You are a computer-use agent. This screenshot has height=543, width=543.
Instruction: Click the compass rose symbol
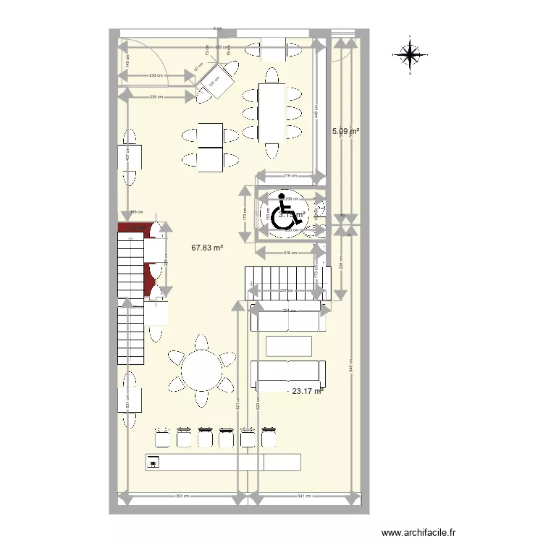pos(410,54)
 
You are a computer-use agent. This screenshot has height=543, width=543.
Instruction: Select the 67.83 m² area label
pos(207,248)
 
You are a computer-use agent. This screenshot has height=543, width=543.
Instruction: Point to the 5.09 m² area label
pos(345,132)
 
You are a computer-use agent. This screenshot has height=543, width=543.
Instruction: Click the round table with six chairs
pos(201,371)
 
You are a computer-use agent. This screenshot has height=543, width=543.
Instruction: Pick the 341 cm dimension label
pos(305,497)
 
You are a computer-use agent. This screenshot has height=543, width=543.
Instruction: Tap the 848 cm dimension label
pos(350,367)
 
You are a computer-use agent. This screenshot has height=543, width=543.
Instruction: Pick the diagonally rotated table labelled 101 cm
pos(216,82)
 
